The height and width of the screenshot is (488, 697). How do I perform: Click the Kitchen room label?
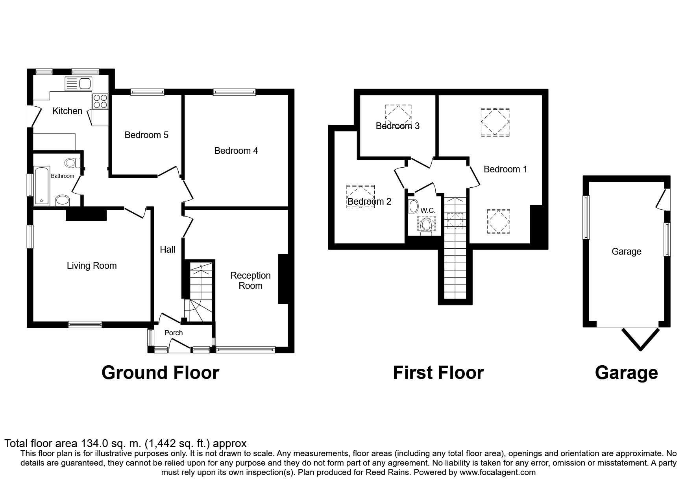point(67,111)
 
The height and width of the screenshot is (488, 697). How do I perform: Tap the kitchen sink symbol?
point(78,83)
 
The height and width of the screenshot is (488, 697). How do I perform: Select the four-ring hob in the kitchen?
point(100,101)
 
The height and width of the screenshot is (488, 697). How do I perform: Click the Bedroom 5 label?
point(146,135)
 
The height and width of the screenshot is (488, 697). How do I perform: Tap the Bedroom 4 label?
point(236,151)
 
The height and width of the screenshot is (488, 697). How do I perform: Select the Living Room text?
point(92,266)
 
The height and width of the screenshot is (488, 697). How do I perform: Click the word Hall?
point(167,250)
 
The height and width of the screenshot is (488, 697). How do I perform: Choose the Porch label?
point(174,333)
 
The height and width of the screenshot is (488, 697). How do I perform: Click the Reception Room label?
point(250,281)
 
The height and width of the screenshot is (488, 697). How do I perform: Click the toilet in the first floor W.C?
point(426,226)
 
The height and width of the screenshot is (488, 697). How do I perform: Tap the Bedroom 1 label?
point(505,169)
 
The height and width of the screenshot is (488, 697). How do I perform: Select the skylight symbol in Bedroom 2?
point(360,196)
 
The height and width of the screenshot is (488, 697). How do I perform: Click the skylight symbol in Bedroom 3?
point(398,115)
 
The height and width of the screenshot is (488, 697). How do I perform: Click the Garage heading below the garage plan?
point(626,372)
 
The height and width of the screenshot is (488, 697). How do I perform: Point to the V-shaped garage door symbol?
point(640,339)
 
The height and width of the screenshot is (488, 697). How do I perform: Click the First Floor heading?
point(438,372)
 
